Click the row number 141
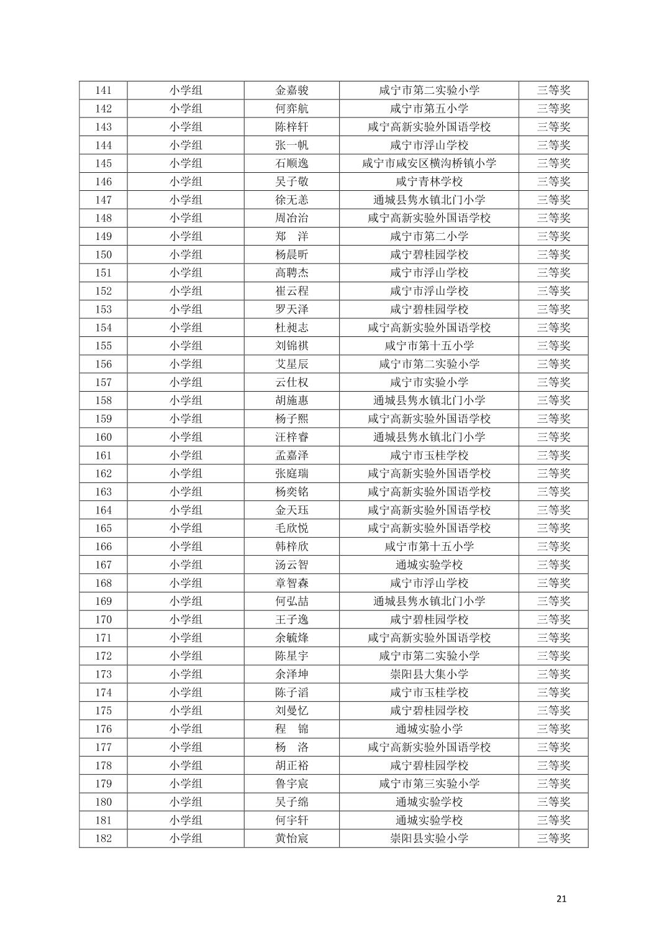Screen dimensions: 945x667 tap(103, 90)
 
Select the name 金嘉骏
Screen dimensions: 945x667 tap(291, 90)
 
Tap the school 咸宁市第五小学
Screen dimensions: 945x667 tap(429, 108)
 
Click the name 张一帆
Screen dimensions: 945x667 tap(291, 145)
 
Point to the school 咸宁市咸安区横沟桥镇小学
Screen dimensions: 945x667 tap(429, 164)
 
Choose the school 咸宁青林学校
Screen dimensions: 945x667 tap(429, 182)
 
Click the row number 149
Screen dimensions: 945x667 tap(103, 236)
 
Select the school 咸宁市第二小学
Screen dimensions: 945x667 tap(429, 236)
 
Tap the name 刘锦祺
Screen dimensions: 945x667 tap(291, 346)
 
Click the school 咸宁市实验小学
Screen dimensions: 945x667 tap(429, 382)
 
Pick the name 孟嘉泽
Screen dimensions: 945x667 tap(291, 455)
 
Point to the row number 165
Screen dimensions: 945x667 tap(103, 528)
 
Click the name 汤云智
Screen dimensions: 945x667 tap(291, 565)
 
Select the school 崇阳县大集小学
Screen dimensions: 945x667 tap(429, 674)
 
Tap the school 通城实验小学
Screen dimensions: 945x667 tap(429, 729)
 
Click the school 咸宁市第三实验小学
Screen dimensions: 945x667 tap(429, 783)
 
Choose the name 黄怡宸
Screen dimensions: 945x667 tap(291, 838)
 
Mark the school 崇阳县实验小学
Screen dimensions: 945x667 tap(429, 838)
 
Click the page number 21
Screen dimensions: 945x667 tap(561, 898)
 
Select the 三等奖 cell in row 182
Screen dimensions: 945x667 tap(553, 838)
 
